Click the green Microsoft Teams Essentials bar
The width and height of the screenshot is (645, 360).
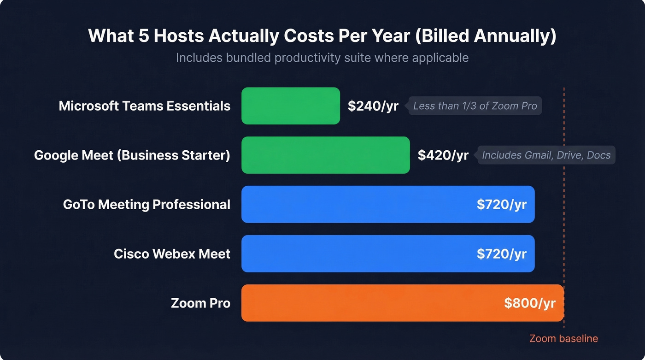290,106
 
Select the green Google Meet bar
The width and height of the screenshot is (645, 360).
325,155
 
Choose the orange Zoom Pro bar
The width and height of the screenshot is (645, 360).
369,303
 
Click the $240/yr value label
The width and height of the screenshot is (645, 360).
373,106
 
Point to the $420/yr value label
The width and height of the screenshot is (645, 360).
443,155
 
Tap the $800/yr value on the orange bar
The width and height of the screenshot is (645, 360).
529,303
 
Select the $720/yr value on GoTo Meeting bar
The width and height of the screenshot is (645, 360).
501,204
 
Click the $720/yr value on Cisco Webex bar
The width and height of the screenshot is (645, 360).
501,254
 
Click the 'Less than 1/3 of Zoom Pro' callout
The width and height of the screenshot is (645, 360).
475,106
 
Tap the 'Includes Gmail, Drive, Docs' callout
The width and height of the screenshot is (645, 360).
546,155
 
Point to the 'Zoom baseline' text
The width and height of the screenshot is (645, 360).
563,339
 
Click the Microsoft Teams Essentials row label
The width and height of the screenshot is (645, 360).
144,106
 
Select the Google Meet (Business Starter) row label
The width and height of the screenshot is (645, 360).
132,155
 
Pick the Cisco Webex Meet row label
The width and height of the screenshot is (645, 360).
172,254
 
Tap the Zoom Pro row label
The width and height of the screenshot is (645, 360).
200,303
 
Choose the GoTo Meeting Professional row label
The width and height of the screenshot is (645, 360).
147,204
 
